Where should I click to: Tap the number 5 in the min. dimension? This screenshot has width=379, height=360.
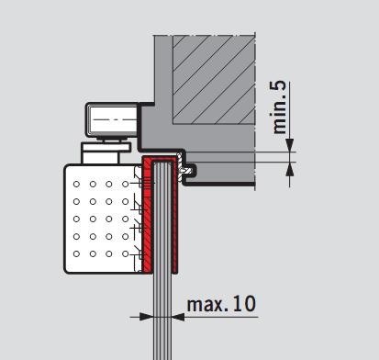click(x=279, y=86)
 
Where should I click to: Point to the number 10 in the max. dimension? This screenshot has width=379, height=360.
click(x=244, y=304)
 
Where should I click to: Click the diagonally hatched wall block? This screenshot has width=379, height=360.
click(x=214, y=80)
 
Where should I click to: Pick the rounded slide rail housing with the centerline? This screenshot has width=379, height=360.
click(x=113, y=119)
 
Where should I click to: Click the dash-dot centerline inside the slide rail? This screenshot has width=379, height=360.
click(x=114, y=119)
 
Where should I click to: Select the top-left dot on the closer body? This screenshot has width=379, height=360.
click(x=76, y=184)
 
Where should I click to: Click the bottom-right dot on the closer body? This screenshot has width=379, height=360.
click(x=125, y=253)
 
